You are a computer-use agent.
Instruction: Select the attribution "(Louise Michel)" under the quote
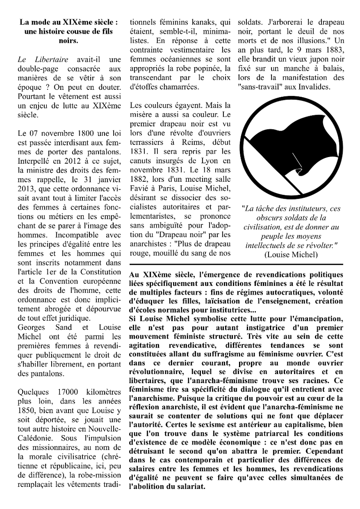pos(291,255)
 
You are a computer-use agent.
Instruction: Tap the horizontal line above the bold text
pos(236,264)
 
